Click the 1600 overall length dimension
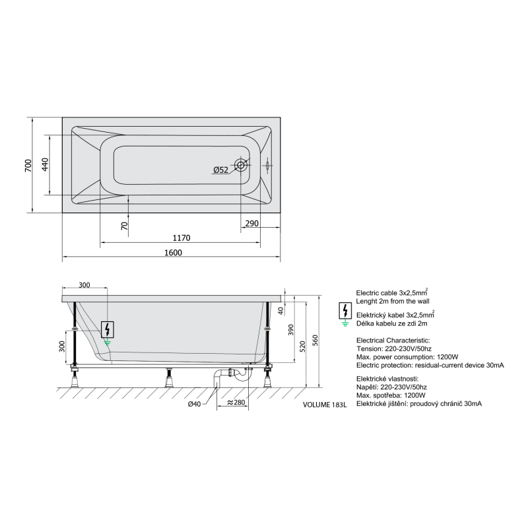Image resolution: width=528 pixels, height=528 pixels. (173, 252)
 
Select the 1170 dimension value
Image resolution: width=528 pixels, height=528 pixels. (181, 238)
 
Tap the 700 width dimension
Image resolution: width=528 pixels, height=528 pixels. (28, 166)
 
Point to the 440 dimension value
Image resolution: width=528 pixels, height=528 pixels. (45, 164)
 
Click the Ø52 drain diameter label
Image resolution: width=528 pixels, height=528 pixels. (220, 170)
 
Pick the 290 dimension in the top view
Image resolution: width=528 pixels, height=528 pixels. (251, 223)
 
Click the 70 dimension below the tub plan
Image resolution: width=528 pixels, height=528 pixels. (125, 225)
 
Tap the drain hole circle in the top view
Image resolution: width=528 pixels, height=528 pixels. (241, 165)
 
